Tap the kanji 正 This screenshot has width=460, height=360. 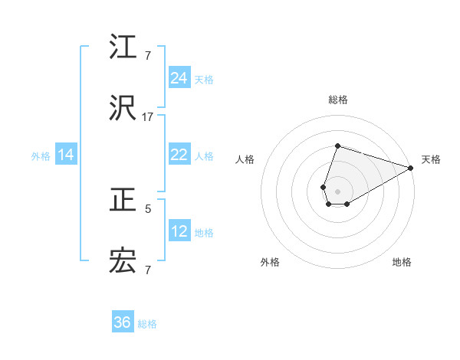click(x=123, y=201)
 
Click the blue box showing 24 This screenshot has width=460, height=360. click(x=179, y=78)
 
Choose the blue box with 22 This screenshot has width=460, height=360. click(x=179, y=155)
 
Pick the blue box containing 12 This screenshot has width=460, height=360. click(x=179, y=231)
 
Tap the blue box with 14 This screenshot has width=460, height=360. click(x=66, y=155)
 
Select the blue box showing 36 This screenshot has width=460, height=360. click(x=123, y=322)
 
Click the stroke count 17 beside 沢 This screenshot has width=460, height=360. click(x=148, y=117)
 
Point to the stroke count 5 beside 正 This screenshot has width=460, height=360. click(x=148, y=208)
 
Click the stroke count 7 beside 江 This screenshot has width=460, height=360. click(x=148, y=55)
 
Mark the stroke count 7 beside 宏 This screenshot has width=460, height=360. click(x=148, y=270)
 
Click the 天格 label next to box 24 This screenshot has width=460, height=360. click(x=204, y=80)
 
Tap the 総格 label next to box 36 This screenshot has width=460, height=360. click(x=147, y=324)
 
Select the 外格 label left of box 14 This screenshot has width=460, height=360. click(x=41, y=156)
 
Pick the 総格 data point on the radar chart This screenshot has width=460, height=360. click(x=337, y=146)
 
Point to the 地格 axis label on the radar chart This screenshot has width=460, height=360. click(x=402, y=263)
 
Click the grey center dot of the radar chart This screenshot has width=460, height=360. click(x=337, y=191)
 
